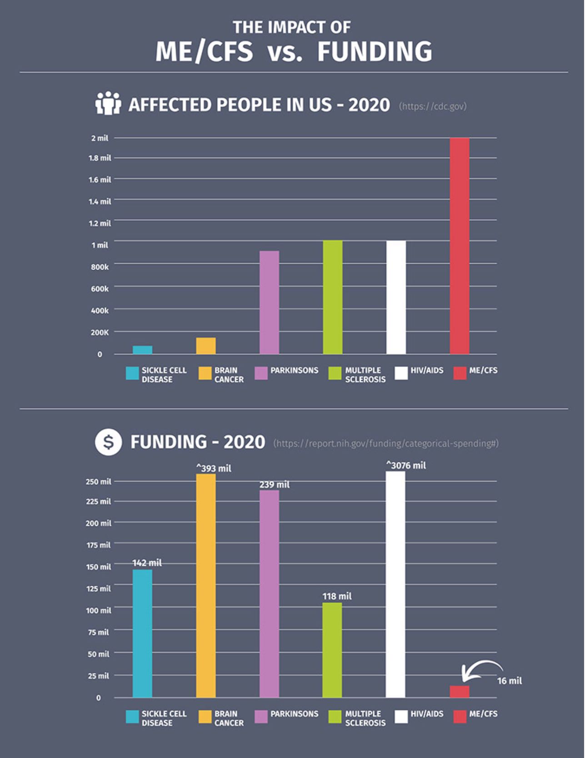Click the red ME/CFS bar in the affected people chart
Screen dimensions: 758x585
[460, 246]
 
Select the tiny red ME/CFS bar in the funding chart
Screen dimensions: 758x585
[460, 691]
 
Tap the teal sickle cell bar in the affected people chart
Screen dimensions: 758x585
[142, 350]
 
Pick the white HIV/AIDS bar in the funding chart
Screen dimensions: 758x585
[395, 584]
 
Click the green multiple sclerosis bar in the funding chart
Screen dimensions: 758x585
[332, 650]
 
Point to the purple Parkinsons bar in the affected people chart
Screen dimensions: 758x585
[269, 302]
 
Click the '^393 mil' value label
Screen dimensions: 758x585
[214, 468]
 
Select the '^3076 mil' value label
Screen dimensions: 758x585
[406, 465]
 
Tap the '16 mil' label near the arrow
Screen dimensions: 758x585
[509, 680]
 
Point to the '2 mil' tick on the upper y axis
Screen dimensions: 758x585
[100, 138]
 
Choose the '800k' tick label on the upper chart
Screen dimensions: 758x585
[100, 267]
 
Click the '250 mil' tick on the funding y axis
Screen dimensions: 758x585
[98, 481]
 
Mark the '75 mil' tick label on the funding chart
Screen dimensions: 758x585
[98, 632]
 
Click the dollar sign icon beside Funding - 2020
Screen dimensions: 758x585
[108, 442]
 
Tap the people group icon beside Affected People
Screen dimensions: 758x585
[108, 104]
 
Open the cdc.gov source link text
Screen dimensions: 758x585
[433, 106]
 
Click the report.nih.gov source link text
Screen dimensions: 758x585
[386, 443]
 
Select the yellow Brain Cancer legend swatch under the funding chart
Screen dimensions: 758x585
[205, 716]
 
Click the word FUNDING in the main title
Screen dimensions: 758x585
[375, 51]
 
